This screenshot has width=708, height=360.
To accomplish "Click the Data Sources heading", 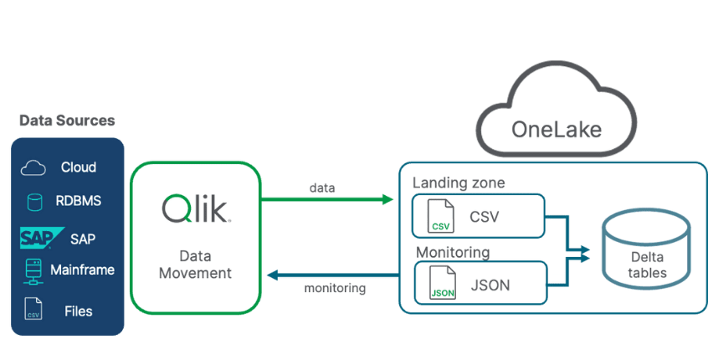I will (67, 121).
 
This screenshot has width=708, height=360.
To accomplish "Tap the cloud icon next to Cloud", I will (33, 167).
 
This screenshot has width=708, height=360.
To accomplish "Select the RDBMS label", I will (78, 202).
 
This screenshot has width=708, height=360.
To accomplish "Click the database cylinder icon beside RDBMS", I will (34, 203).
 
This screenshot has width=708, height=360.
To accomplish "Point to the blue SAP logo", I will (37, 239).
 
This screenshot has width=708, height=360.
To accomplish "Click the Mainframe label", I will (82, 270).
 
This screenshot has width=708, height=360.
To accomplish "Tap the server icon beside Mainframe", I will (33, 270).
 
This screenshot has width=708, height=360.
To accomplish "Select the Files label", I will (78, 311).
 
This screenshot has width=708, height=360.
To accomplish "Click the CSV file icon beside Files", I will (33, 308).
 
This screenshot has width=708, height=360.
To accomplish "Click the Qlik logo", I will (195, 208).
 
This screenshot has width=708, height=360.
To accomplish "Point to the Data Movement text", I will (194, 264).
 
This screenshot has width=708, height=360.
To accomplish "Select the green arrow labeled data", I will (326, 200).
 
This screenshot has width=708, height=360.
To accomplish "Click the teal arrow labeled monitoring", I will (331, 274).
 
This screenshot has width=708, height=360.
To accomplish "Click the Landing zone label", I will (458, 182).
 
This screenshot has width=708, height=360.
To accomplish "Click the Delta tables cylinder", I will (647, 249).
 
